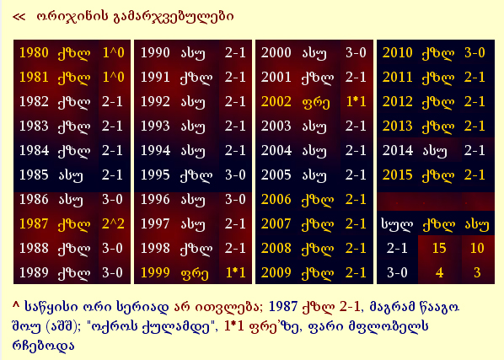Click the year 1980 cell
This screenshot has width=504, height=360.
33,52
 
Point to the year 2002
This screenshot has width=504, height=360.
276,101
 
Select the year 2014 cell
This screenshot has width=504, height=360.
397,151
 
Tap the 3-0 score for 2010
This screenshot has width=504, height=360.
475,52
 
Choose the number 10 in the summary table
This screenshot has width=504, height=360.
477,249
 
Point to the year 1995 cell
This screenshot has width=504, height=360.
155,175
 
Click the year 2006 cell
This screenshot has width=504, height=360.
276,201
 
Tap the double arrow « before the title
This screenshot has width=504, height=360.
20,15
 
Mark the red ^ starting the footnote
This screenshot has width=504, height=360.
16,302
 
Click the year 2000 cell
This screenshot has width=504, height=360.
276,52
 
